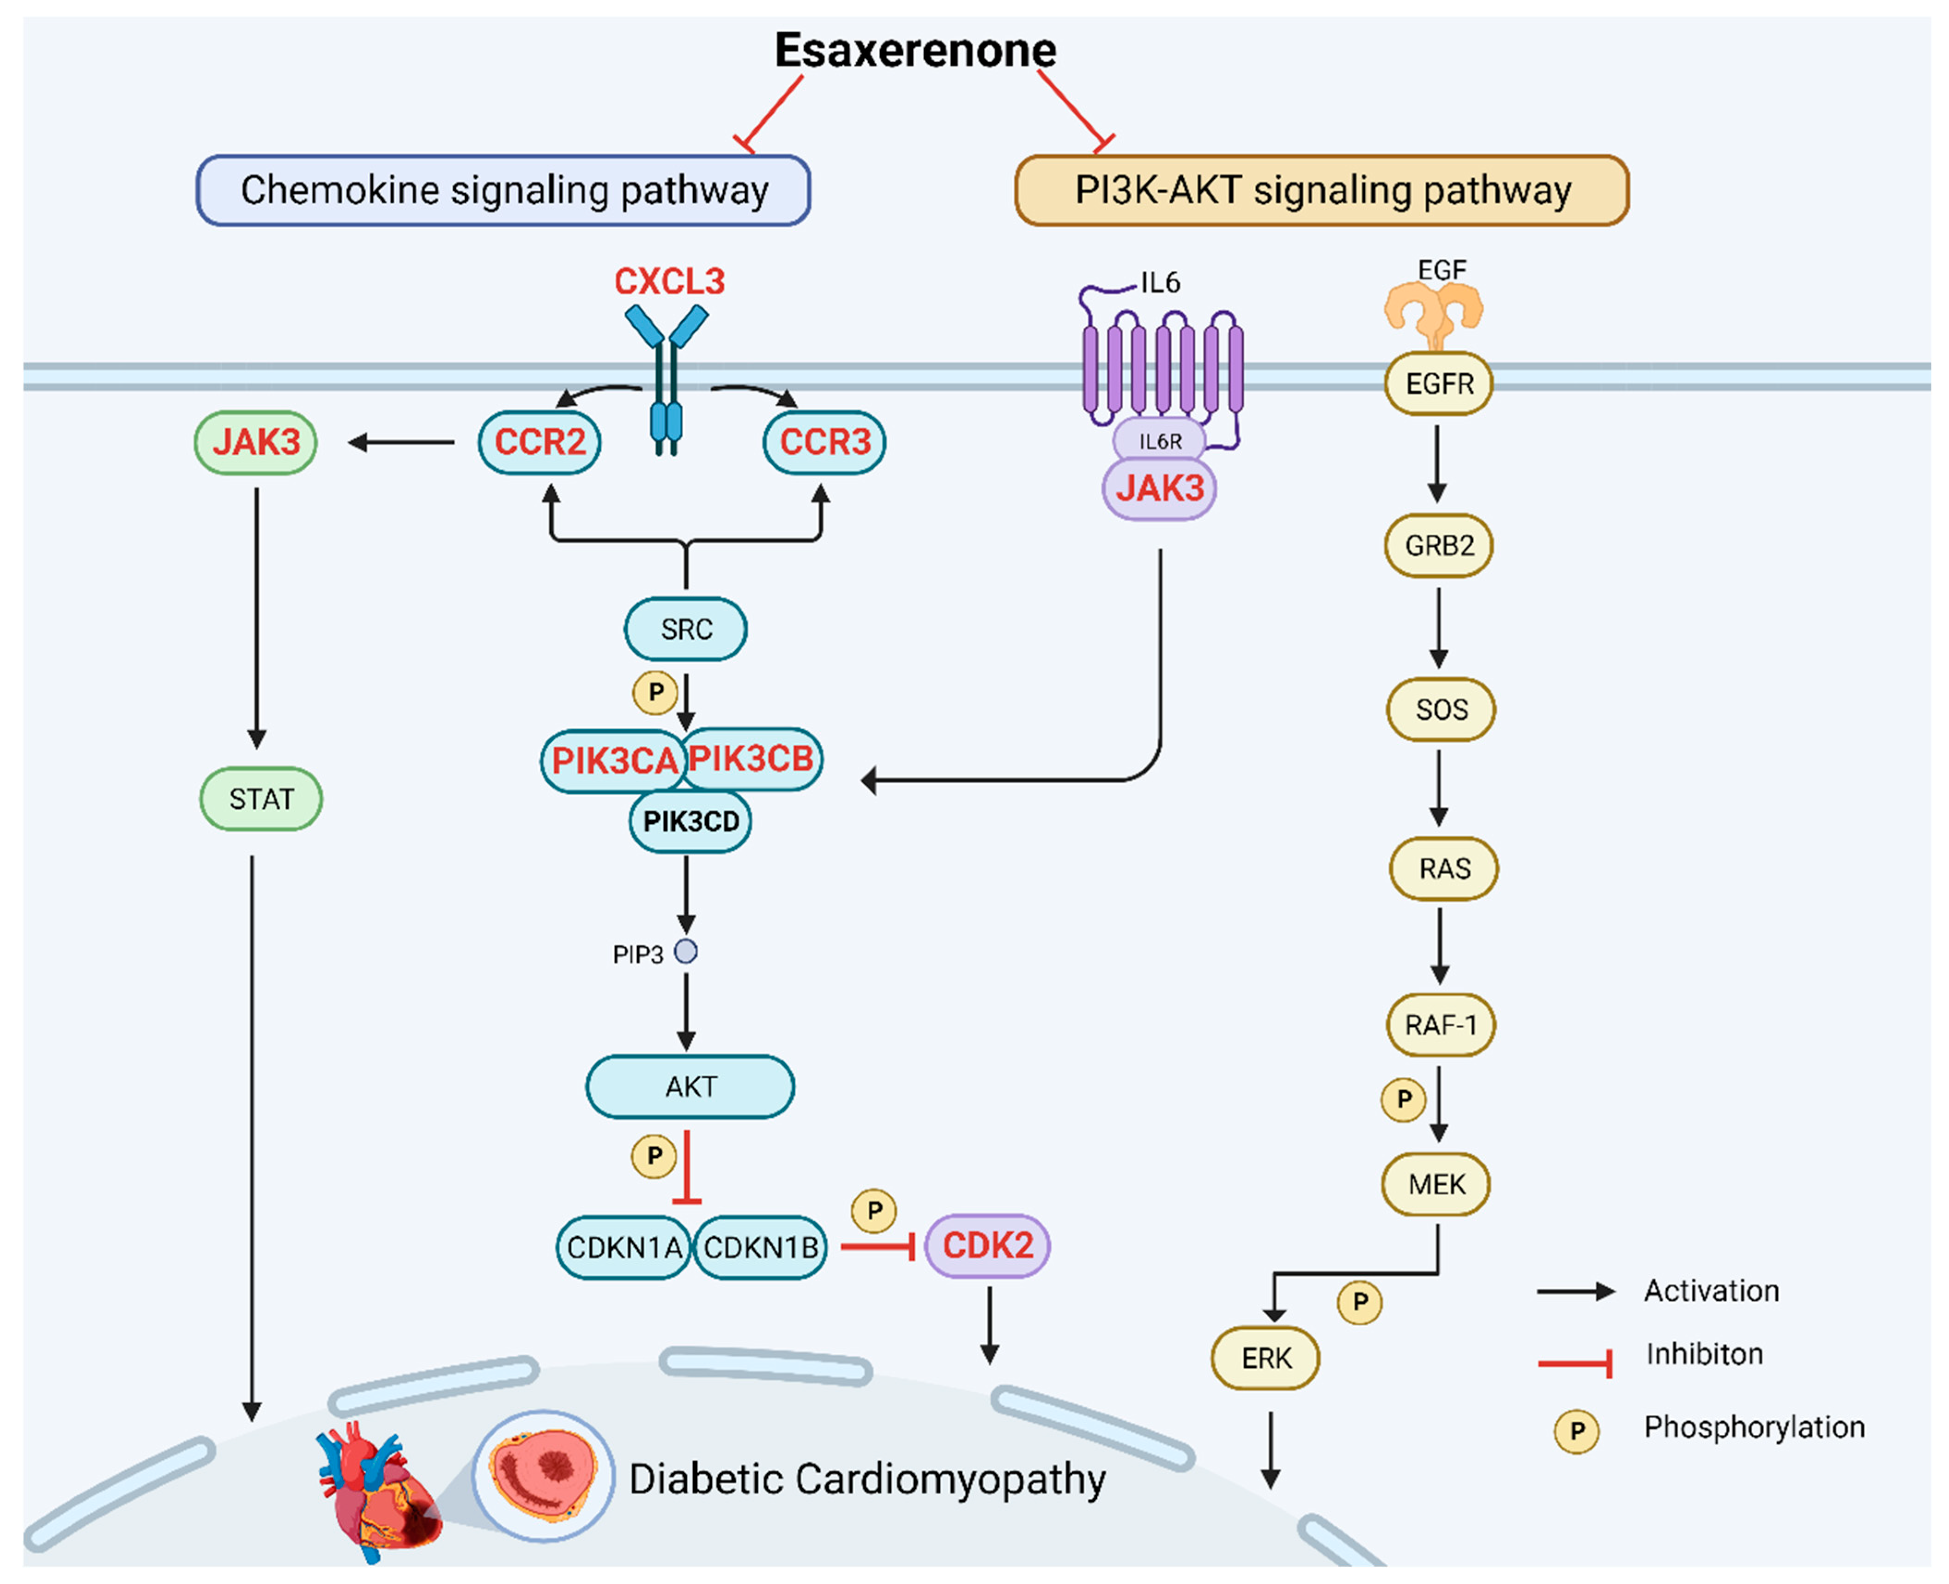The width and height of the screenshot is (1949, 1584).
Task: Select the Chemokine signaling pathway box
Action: pyautogui.click(x=503, y=190)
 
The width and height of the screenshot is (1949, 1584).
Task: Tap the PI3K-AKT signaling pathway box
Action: pyautogui.click(x=1321, y=190)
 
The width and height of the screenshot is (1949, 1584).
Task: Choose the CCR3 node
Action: pyautogui.click(x=824, y=443)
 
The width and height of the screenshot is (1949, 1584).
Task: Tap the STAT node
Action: pyautogui.click(x=261, y=799)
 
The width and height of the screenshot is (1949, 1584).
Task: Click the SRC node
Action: pyautogui.click(x=686, y=629)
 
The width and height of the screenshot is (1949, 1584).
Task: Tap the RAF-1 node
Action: pyautogui.click(x=1440, y=1026)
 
